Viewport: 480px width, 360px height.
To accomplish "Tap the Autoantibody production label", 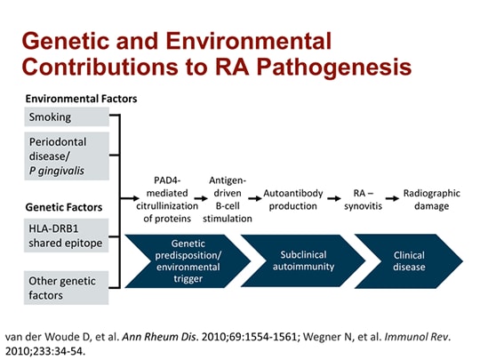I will tap(293, 199).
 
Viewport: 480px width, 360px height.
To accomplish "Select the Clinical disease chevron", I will tap(409, 260).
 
